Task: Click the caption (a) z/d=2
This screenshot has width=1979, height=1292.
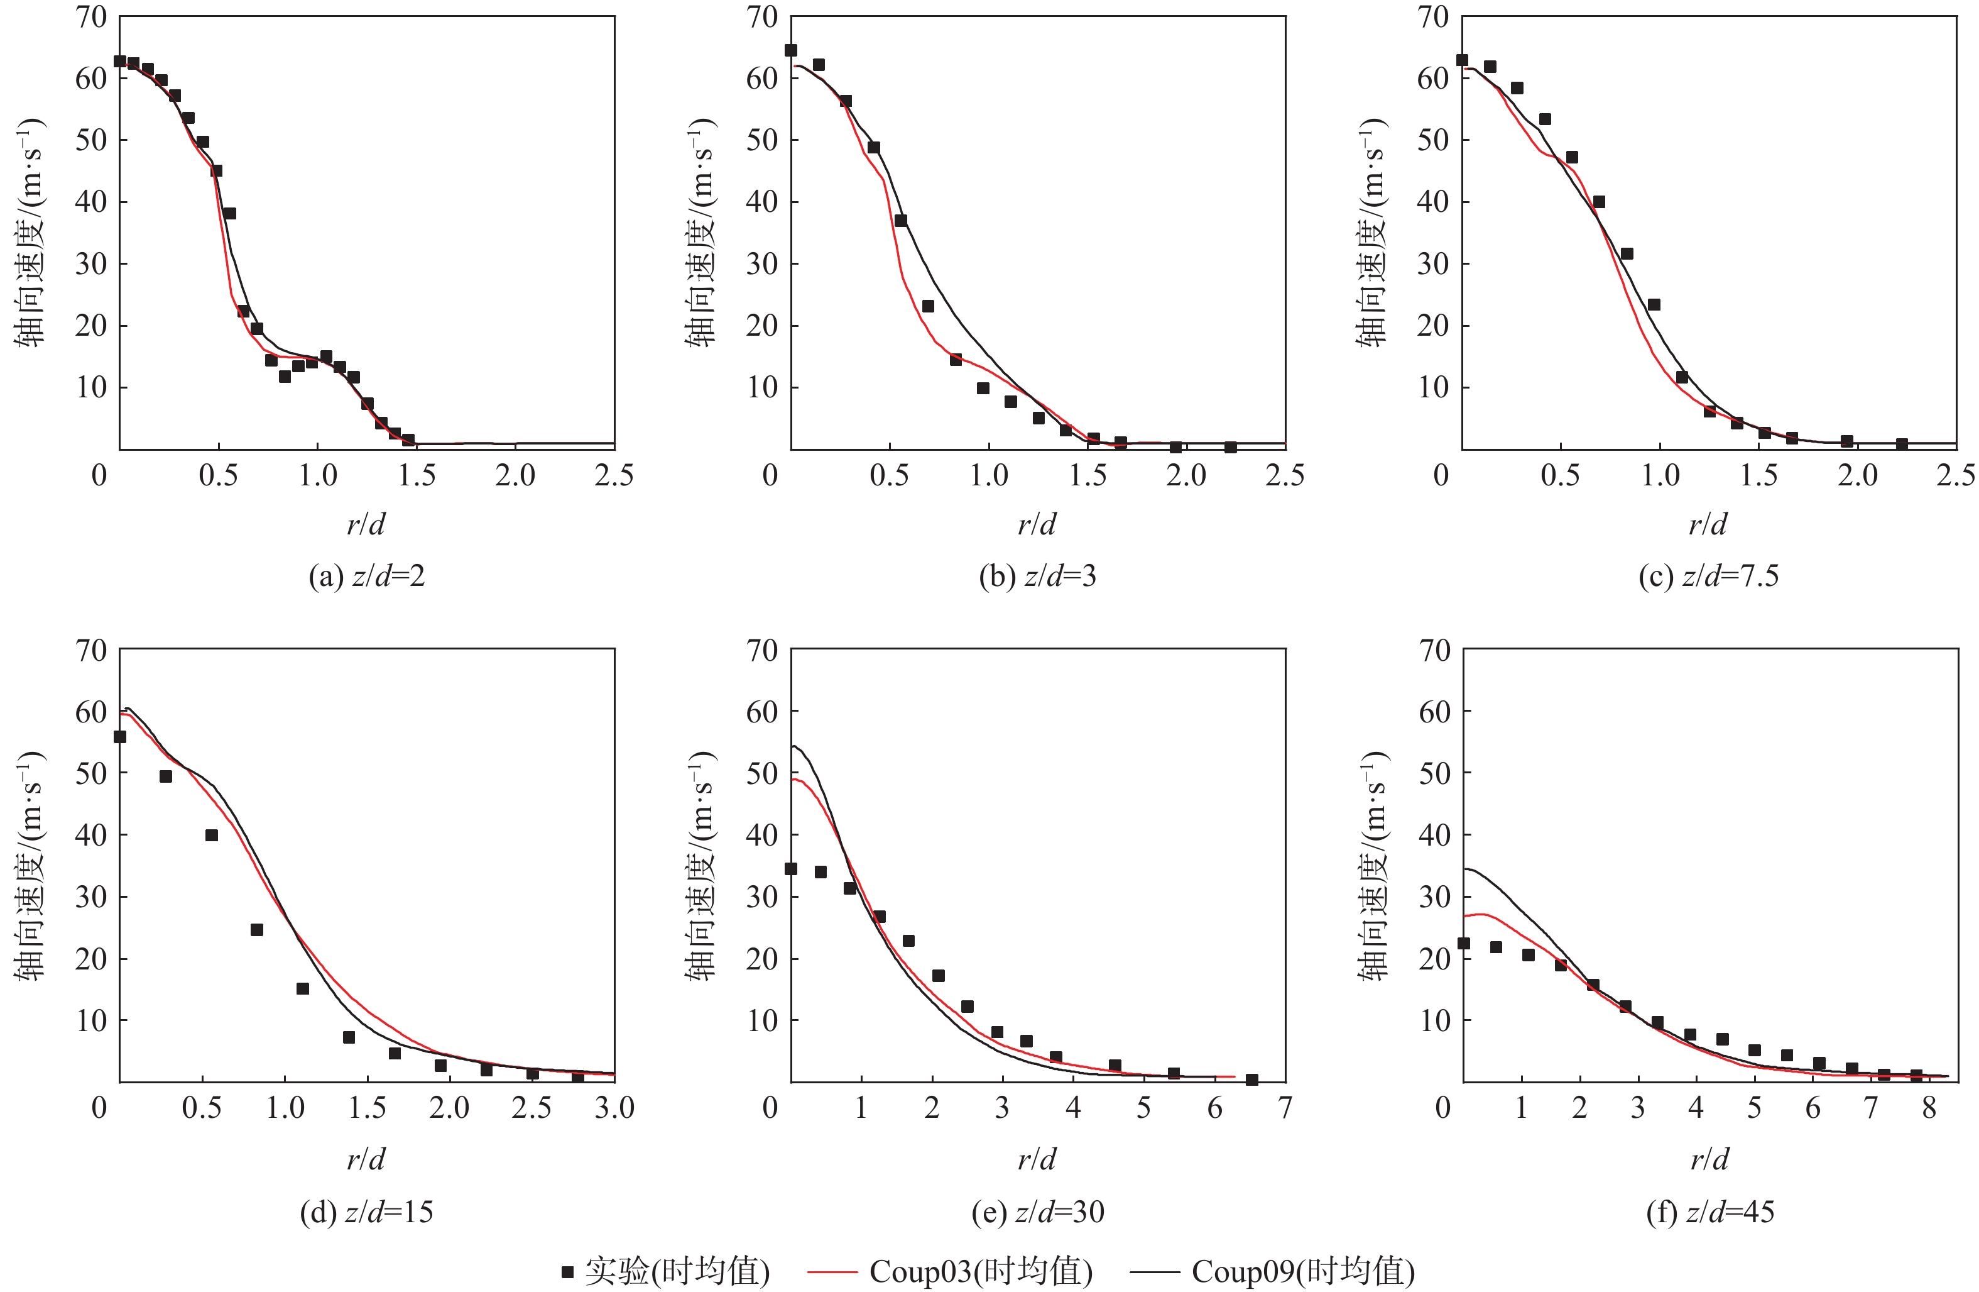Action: point(367,576)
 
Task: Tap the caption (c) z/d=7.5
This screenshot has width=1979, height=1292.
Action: point(1709,576)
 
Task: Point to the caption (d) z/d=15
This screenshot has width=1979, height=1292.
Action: point(367,1212)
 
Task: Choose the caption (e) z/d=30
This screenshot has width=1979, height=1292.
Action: point(1038,1212)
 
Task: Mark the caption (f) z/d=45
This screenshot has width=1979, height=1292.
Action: point(1709,1212)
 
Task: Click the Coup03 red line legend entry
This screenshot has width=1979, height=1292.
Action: point(949,1271)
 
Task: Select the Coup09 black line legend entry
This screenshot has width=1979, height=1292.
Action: point(1272,1271)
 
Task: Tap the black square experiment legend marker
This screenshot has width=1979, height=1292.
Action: point(568,1271)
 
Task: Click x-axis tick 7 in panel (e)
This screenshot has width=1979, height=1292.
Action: point(1285,1107)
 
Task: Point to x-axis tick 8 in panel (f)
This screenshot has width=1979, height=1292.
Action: point(1929,1107)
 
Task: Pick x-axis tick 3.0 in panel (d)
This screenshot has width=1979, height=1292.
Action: point(614,1107)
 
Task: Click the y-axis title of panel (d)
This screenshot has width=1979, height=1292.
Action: point(30,865)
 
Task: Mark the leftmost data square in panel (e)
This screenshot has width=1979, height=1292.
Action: point(791,868)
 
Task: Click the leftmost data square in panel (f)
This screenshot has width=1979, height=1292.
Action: point(1463,944)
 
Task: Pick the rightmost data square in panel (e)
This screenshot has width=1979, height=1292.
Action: point(1251,1080)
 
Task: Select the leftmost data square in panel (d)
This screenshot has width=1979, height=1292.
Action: point(120,736)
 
